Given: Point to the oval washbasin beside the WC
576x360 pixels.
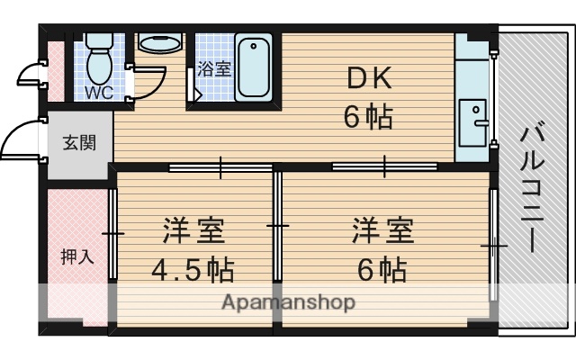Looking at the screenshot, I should pyautogui.click(x=159, y=44).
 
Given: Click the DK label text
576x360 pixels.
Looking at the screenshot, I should pyautogui.click(x=369, y=79).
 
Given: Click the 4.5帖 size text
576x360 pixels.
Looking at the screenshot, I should pyautogui.click(x=193, y=269).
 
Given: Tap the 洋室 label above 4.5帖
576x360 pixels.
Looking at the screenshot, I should pyautogui.click(x=193, y=231).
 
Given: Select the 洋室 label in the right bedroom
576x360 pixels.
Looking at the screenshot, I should pyautogui.click(x=382, y=231).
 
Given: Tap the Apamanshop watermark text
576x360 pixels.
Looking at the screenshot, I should pyautogui.click(x=288, y=301).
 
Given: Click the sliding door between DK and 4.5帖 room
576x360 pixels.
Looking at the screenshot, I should pyautogui.click(x=220, y=166).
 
